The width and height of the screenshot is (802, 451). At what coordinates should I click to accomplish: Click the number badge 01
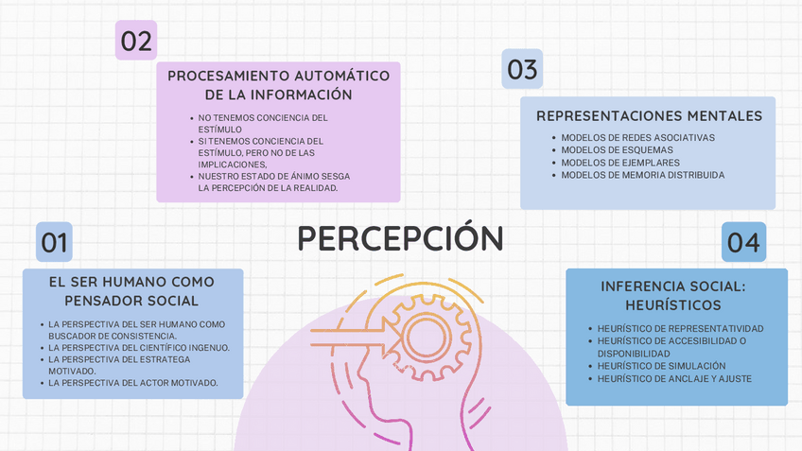pyautogui.click(x=54, y=242)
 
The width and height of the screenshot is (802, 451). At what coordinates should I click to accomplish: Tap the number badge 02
pyautogui.click(x=136, y=41)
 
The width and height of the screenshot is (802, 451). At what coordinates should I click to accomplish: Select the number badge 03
pyautogui.click(x=522, y=69)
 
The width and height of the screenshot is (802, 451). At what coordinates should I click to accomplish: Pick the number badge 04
pyautogui.click(x=744, y=242)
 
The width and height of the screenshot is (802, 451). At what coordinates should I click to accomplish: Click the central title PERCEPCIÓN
pyautogui.click(x=401, y=238)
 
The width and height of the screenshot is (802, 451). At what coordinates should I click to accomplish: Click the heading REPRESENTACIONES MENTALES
pyautogui.click(x=649, y=116)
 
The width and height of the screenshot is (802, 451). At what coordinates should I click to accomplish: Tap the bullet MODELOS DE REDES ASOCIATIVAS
pyautogui.click(x=637, y=138)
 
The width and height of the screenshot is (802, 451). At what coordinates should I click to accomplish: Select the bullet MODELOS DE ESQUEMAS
pyautogui.click(x=617, y=150)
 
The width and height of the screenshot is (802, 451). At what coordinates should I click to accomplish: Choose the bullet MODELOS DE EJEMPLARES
pyautogui.click(x=620, y=163)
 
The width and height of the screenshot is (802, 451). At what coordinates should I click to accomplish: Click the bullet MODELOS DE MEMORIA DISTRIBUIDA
pyautogui.click(x=643, y=175)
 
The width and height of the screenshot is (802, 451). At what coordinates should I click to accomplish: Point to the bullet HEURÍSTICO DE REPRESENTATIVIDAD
pyautogui.click(x=680, y=329)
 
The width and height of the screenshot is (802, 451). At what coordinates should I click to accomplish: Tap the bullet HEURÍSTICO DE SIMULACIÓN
pyautogui.click(x=661, y=366)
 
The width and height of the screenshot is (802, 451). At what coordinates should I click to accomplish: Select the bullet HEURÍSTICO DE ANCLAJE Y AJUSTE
pyautogui.click(x=674, y=378)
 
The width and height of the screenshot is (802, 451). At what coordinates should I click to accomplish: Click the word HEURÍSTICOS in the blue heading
pyautogui.click(x=673, y=305)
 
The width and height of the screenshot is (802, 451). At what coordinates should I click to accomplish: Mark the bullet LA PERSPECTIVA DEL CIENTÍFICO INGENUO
pyautogui.click(x=139, y=348)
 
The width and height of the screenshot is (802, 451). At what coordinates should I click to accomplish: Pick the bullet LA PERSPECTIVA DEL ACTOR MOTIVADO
pyautogui.click(x=133, y=383)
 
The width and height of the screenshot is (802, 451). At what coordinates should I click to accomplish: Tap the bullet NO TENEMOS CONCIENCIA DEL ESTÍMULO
pyautogui.click(x=262, y=124)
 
